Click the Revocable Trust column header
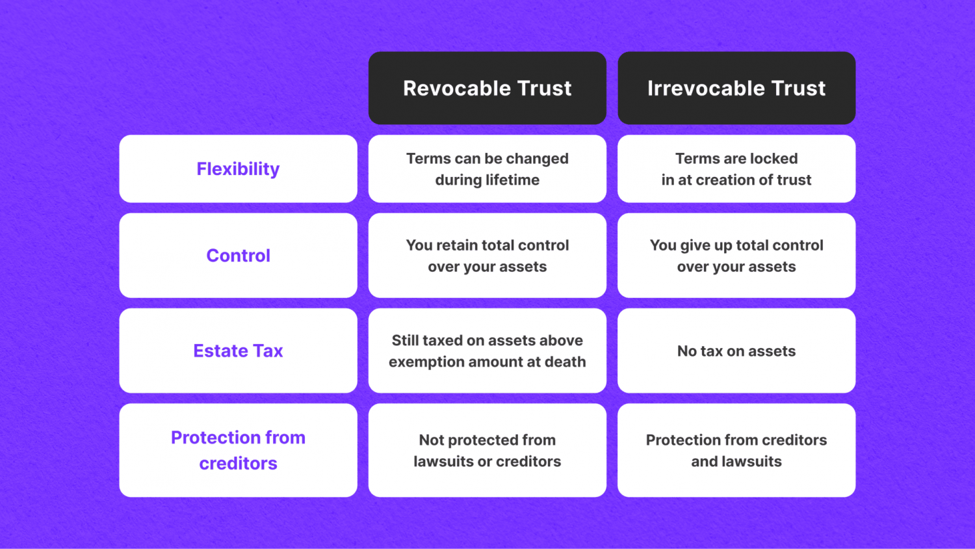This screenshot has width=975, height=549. (x=487, y=88)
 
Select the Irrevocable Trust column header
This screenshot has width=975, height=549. (x=736, y=88)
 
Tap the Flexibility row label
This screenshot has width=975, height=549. (x=238, y=168)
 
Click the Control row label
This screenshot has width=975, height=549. (x=238, y=256)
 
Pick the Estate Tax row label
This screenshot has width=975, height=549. (x=238, y=351)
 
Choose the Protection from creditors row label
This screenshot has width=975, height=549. (x=238, y=450)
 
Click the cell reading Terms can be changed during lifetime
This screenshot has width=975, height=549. (x=487, y=168)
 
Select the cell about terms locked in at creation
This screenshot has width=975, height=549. (x=736, y=168)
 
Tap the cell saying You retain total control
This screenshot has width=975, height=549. (x=487, y=256)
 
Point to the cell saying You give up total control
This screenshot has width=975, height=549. (x=736, y=256)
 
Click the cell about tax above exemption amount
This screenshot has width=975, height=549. (x=487, y=351)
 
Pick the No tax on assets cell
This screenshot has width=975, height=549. (x=736, y=351)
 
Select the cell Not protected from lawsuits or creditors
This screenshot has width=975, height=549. (x=487, y=450)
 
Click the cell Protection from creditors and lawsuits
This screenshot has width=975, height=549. (x=736, y=450)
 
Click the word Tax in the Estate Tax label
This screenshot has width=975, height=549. (x=266, y=351)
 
